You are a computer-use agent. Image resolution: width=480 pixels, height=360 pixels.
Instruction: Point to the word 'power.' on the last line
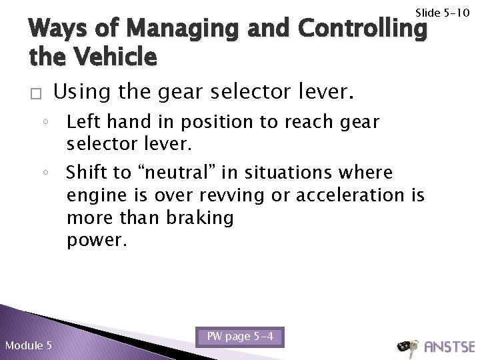[x=96, y=239]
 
